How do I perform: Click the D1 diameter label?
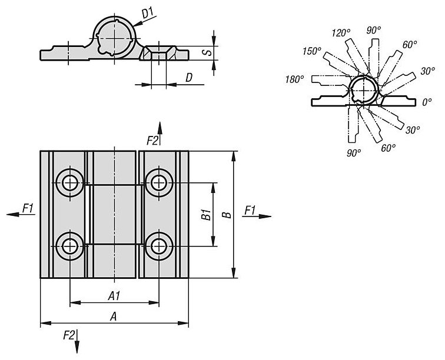148,13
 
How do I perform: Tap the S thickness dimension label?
208,52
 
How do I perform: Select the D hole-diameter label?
189,78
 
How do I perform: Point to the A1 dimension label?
114,296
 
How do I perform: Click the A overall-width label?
114,316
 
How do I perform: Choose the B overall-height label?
227,215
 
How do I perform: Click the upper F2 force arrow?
160,134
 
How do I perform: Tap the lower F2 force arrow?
77,341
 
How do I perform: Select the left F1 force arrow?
21,215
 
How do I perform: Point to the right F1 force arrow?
257,216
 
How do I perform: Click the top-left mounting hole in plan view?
70,183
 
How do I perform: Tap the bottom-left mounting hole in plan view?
70,246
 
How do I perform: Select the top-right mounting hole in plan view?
159,183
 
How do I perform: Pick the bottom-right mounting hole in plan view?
159,246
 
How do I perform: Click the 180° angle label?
295,79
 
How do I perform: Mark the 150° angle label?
312,51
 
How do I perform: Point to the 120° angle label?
341,33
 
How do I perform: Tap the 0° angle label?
427,102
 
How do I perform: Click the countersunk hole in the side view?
159,53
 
